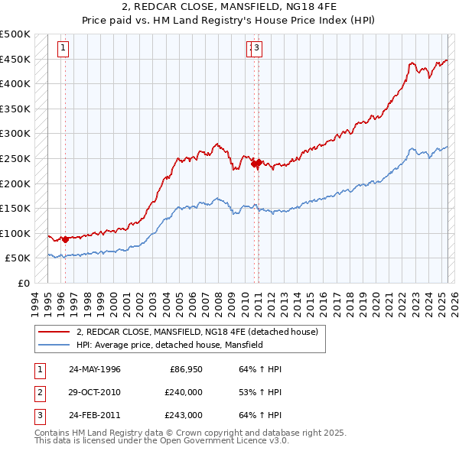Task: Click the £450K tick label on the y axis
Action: (x=15, y=59)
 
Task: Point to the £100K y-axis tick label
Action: (x=15, y=233)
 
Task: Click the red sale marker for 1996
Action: (x=65, y=239)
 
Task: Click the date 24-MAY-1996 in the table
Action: (x=95, y=369)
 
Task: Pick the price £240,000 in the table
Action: (x=184, y=392)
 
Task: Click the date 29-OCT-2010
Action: (x=95, y=392)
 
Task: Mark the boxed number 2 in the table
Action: (x=38, y=392)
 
